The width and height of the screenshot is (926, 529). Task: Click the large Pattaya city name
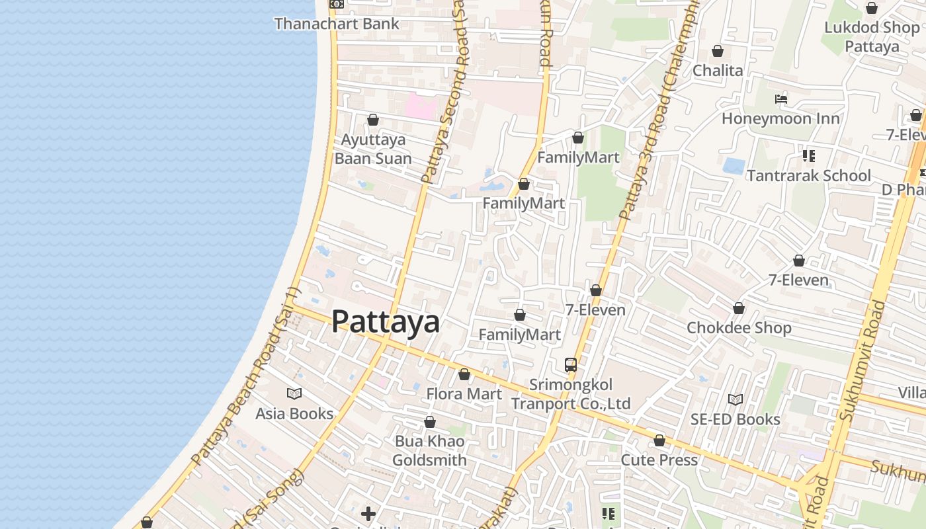click(386, 321)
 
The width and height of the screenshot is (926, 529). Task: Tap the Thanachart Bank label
click(337, 24)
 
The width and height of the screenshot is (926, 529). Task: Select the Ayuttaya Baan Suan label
click(372, 149)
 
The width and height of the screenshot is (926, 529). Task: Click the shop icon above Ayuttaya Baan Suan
click(373, 120)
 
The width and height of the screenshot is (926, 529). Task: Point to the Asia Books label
click(294, 414)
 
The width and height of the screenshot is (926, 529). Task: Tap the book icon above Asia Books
click(294, 394)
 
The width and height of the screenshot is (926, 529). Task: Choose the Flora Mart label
click(464, 394)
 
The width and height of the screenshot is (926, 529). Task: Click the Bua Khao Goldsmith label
click(429, 450)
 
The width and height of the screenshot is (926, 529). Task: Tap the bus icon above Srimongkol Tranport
click(571, 364)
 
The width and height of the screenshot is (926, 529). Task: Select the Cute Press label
click(659, 460)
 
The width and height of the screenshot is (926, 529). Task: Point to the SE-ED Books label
click(735, 419)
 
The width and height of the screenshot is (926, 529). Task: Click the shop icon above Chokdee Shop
click(739, 308)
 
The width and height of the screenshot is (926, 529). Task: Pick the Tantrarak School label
click(808, 175)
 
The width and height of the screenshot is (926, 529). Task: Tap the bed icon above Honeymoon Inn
click(781, 99)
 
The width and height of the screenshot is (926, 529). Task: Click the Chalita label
click(718, 70)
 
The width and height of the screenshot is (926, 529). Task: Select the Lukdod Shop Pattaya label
click(872, 37)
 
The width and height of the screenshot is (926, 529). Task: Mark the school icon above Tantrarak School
click(808, 156)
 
